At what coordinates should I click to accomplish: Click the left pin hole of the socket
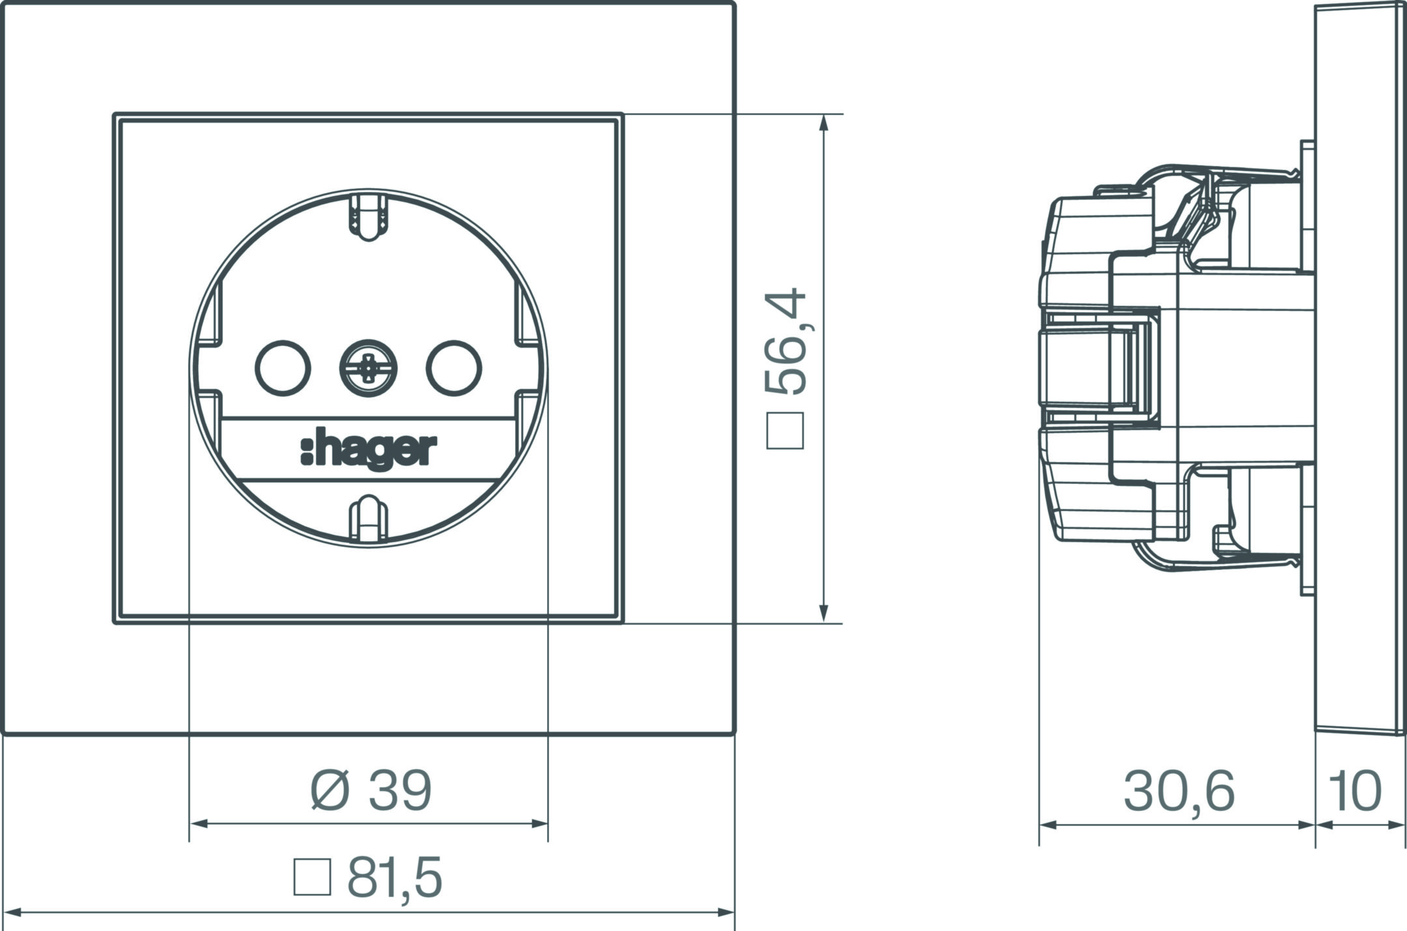(283, 368)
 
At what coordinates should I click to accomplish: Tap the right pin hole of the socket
(454, 368)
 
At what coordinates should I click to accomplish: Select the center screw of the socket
(369, 368)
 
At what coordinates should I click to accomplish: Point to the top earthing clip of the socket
(368, 218)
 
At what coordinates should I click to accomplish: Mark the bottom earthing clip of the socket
(368, 518)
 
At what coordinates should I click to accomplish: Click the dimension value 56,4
(786, 341)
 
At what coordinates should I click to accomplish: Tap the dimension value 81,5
(395, 877)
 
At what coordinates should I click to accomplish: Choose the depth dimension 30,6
(1179, 792)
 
